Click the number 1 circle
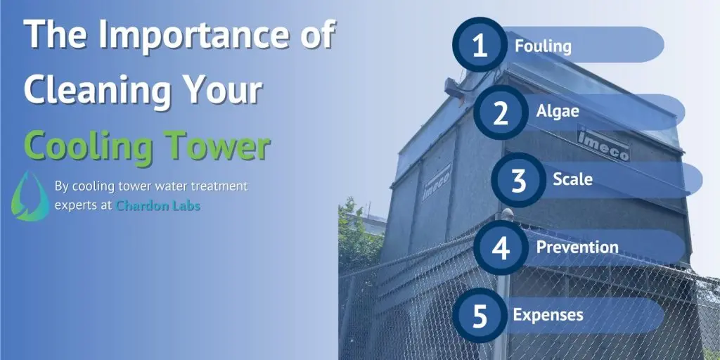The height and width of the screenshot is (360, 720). (x=480, y=45)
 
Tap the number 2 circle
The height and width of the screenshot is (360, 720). (x=501, y=112)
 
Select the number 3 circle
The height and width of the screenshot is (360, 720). (x=518, y=180)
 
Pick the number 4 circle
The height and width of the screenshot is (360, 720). (x=501, y=247)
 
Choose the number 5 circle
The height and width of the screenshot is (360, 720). (x=480, y=315)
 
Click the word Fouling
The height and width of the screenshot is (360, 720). (x=544, y=46)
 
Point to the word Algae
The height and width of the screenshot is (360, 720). (x=558, y=112)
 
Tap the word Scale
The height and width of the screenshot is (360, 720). (x=572, y=179)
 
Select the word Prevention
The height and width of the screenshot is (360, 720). (x=577, y=247)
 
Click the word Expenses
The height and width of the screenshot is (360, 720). (x=548, y=315)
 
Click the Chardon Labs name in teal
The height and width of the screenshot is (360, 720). (x=158, y=206)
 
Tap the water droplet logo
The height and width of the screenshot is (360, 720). (x=30, y=196)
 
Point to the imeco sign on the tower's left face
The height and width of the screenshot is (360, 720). (x=437, y=182)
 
